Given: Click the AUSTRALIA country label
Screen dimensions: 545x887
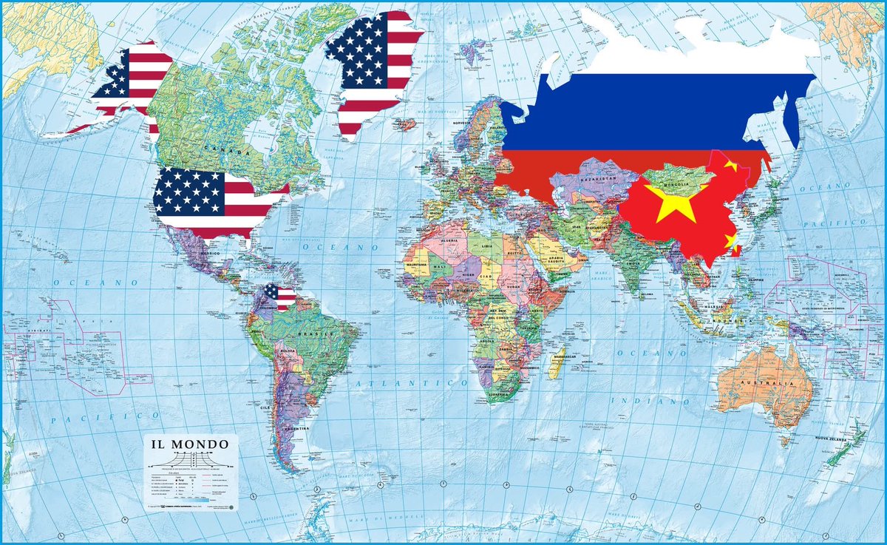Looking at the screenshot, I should (x=773, y=385).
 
